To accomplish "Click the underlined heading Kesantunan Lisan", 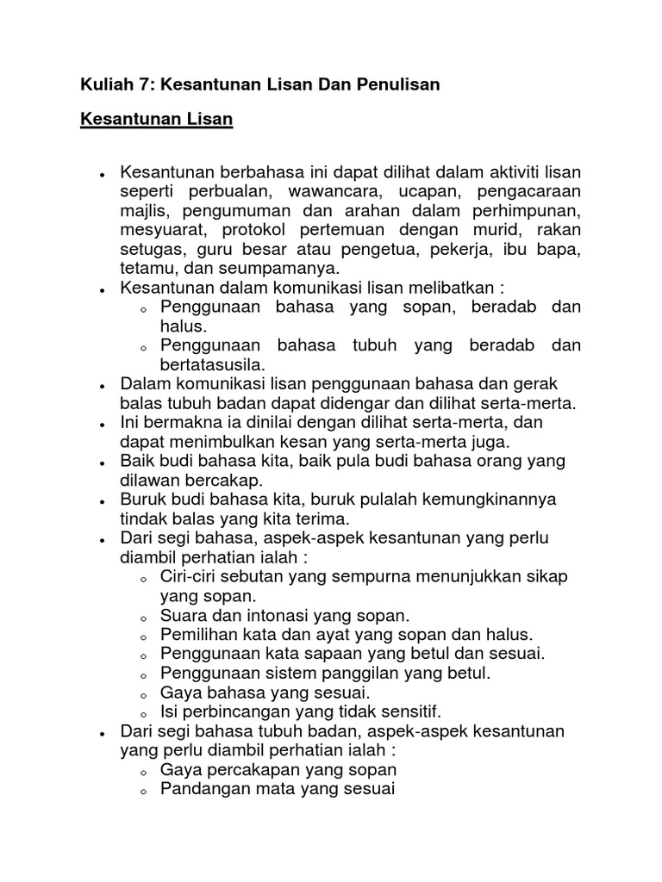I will (157, 120).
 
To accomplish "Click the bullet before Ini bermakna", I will (102, 424).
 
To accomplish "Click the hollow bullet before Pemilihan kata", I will (143, 637).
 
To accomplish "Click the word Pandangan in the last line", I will (199, 788).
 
